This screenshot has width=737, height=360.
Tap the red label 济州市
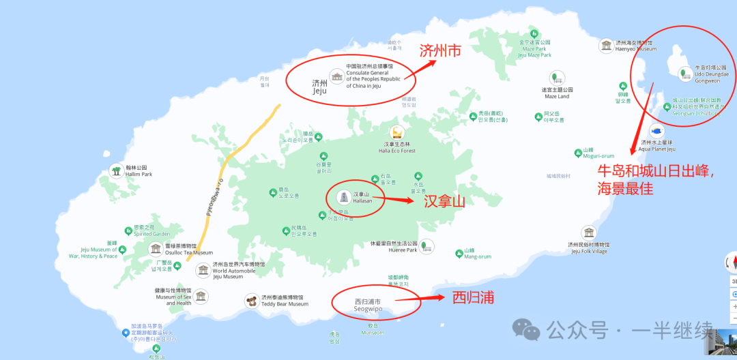pos(441,50)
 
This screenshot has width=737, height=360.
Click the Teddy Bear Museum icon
pos(252,301)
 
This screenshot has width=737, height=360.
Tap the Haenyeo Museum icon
pos(605,46)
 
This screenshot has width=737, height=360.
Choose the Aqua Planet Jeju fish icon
pos(656,130)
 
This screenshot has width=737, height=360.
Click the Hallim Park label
pos(139,171)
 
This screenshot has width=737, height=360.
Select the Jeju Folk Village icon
pos(589,232)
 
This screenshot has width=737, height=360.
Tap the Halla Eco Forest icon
pos(396,132)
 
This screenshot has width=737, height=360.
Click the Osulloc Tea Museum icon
pos(156,249)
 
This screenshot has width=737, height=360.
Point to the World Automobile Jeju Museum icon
pos(203,270)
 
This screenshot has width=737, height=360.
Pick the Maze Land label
pos(557,93)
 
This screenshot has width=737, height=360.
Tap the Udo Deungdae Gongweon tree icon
pos(682,73)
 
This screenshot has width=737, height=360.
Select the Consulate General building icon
pos(336,76)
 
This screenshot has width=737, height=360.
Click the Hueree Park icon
pos(427,246)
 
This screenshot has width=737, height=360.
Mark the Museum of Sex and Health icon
pos(200,296)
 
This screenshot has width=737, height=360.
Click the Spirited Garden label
pos(151,230)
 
